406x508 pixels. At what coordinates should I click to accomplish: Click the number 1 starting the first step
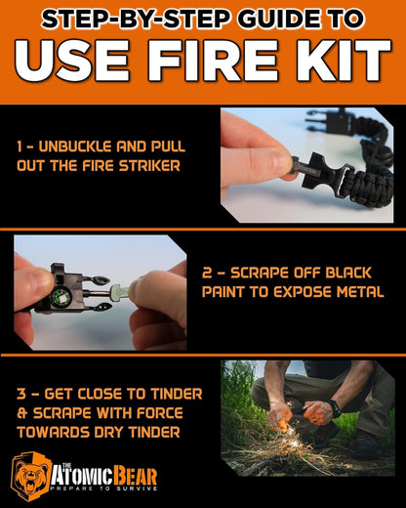tap(20, 147)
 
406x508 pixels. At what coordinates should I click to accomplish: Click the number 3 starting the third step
tap(20, 394)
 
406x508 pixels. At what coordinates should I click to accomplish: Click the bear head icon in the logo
tap(31, 476)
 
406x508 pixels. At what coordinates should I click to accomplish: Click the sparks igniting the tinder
tap(294, 451)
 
